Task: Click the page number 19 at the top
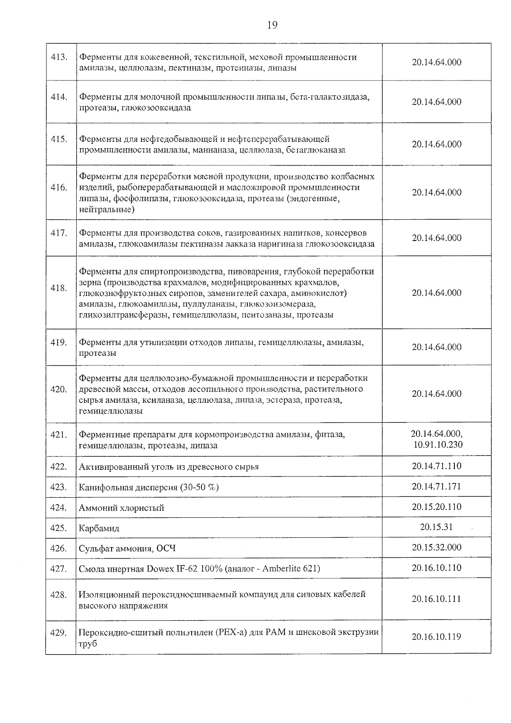[x=272, y=25]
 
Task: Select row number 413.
[x=59, y=57]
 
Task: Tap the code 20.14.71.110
[x=436, y=466]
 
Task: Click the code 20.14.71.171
[x=436, y=486]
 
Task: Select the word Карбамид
[x=99, y=528]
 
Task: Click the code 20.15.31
[x=436, y=527]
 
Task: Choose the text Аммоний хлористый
[x=121, y=508]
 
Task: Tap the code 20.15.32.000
[x=436, y=547]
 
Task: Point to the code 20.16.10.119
[x=436, y=637]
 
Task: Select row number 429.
[x=59, y=633]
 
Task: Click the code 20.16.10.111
[x=436, y=599]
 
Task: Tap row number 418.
[x=59, y=288]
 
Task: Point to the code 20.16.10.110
[x=436, y=568]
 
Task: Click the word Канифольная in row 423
[x=103, y=488]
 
